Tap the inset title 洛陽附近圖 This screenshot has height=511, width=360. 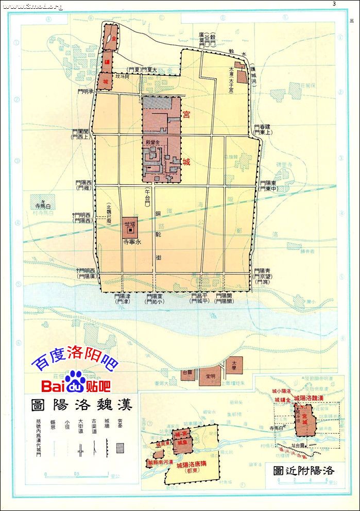[303, 470]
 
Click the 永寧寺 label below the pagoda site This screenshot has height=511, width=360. [132, 240]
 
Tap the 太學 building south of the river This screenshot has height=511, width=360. [234, 365]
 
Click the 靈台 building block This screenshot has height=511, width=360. [188, 373]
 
